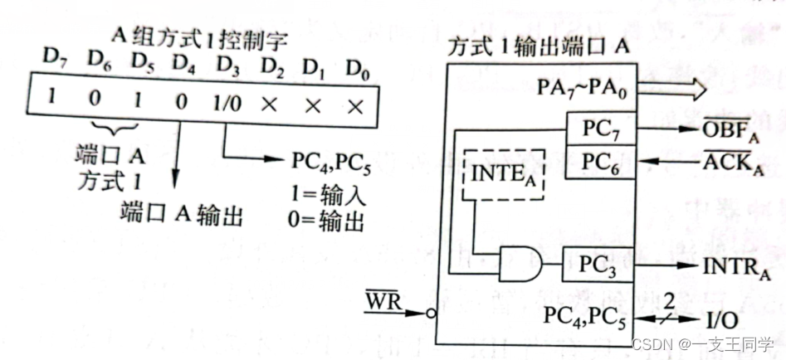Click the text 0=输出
[330, 223]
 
